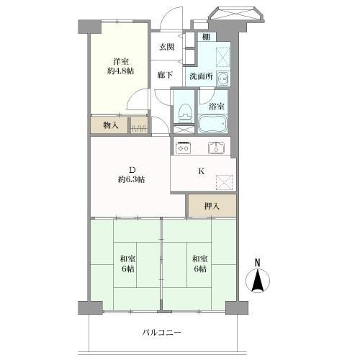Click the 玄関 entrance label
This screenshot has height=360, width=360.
click(167, 47)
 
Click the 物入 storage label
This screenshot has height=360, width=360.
click(110, 125)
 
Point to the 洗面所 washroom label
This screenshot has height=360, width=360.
click(200, 76)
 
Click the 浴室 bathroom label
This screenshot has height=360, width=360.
click(216, 106)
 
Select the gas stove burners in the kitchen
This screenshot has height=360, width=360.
click(183, 148)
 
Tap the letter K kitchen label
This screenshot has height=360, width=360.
click(202, 171)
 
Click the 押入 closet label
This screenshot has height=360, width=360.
click(211, 206)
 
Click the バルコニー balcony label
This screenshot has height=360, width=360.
click(161, 333)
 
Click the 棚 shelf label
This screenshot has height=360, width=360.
click(206, 37)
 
